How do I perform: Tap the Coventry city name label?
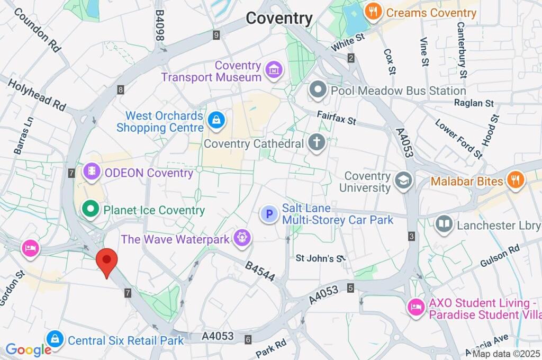point(279,19)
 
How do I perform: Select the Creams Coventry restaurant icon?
point(374,12)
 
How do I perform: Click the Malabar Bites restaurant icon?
point(514,181)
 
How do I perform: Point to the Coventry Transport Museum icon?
point(274,70)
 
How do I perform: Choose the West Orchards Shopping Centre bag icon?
point(216,121)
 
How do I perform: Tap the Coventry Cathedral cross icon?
point(317,143)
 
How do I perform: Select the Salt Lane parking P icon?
point(269,214)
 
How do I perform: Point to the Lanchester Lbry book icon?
point(444,226)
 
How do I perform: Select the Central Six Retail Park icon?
point(55,339)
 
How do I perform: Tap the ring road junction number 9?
point(216,35)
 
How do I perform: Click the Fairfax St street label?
point(337,118)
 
